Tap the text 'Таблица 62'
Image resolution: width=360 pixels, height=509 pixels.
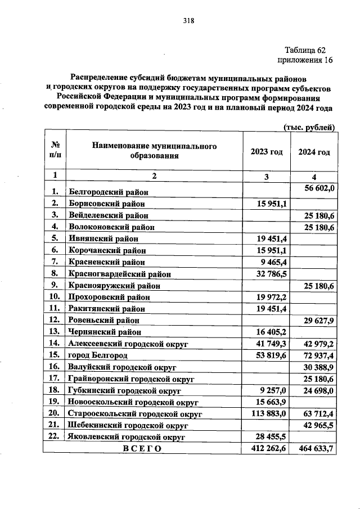click(304, 49)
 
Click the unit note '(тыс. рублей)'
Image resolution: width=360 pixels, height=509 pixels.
click(309, 127)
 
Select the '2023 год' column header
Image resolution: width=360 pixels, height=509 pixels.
click(266, 152)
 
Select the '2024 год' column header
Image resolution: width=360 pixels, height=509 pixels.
click(313, 152)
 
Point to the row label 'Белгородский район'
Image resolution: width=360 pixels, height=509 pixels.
click(105, 193)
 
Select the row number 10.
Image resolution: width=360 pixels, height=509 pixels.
click(55, 296)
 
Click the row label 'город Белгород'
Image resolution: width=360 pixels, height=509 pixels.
click(97, 355)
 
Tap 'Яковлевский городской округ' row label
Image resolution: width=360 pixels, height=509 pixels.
click(124, 436)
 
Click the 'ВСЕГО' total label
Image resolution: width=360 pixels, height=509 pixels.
click(142, 448)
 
